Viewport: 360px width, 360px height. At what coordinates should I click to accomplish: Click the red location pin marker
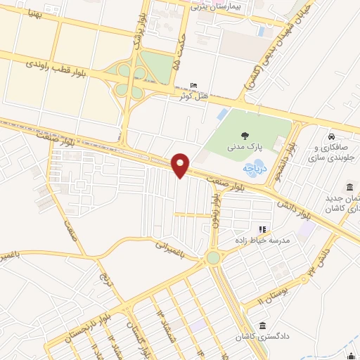181,165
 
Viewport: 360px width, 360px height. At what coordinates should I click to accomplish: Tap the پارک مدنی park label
244,148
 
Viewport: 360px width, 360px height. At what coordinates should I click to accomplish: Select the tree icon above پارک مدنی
244,136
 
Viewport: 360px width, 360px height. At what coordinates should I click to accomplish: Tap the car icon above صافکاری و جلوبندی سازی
331,136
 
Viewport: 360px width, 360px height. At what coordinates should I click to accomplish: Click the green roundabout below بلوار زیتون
213,258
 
